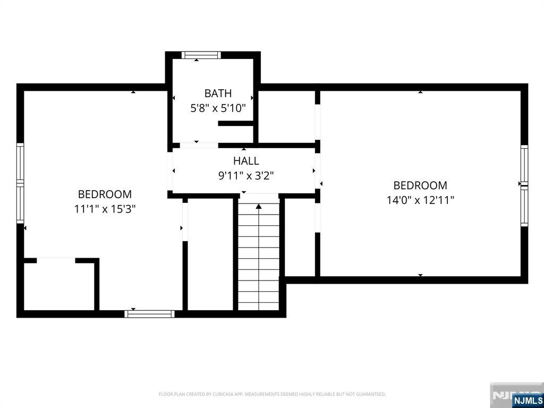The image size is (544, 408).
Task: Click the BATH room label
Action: point(218,93)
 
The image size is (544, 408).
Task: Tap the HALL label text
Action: point(246,160)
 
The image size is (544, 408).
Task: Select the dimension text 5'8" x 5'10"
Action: point(218,108)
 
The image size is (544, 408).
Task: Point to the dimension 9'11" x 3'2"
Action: point(246,176)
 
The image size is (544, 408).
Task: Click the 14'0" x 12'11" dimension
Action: point(420,200)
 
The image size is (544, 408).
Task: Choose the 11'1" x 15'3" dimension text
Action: point(105,209)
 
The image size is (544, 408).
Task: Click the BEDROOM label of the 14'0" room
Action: point(420,185)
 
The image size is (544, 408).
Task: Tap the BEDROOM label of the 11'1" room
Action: point(105,193)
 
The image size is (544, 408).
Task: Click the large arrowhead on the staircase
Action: point(259,207)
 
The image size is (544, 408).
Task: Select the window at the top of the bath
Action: point(201,55)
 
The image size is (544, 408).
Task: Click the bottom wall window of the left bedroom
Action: point(149,314)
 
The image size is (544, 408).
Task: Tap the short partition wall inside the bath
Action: point(236,123)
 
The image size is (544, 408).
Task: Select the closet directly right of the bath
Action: point(286,116)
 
